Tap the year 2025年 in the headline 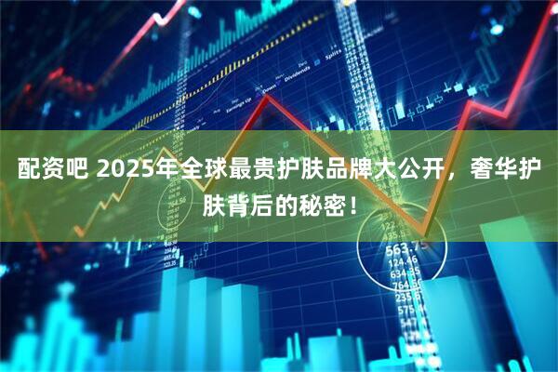(x=132, y=171)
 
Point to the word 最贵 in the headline (x=250, y=171)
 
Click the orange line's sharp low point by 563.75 (x=423, y=234)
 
